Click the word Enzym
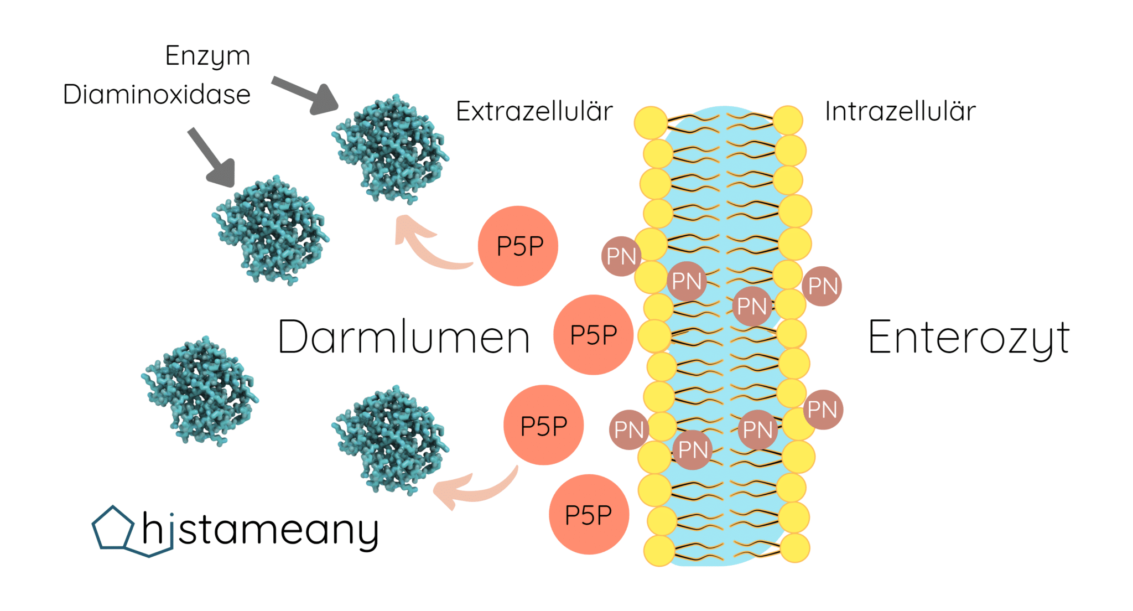207,56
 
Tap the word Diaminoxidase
157,94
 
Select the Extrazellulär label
534,111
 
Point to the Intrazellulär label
900,111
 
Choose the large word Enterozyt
968,337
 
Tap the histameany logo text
260,530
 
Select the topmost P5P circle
518,246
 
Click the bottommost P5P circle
589,515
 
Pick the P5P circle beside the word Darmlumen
593,335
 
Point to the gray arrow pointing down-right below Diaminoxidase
212,158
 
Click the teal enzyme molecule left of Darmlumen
199,390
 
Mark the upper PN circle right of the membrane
822,286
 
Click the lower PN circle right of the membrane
823,410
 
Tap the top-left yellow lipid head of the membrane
651,122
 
